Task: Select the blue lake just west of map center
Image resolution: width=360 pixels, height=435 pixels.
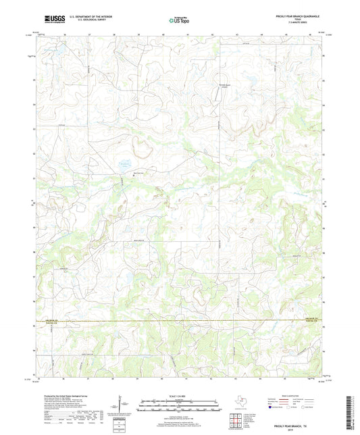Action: [124, 163]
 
